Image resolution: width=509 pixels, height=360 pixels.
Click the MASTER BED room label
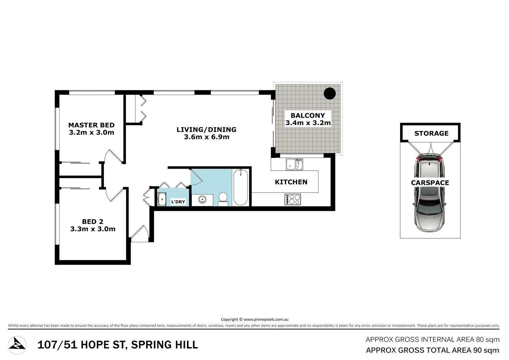tap(91, 125)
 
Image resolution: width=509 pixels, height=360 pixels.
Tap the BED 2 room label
tap(93, 222)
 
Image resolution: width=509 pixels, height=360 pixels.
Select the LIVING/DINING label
tap(206, 130)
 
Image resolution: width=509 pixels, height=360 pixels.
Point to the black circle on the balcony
tap(330, 93)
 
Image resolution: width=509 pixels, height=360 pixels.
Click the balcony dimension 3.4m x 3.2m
tap(308, 123)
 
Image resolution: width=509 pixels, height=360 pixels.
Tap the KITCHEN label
tap(291, 182)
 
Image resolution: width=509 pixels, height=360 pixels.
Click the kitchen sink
tap(294, 164)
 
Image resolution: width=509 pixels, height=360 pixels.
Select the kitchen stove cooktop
tap(292, 199)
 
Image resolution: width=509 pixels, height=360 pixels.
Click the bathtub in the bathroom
tap(240, 188)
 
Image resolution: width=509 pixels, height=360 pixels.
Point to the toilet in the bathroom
tap(223, 198)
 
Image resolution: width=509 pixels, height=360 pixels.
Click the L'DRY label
tap(178, 202)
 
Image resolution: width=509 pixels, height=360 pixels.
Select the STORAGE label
tap(431, 134)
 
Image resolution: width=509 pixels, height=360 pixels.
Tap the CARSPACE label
tap(430, 183)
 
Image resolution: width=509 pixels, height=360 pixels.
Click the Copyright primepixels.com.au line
tap(254, 319)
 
